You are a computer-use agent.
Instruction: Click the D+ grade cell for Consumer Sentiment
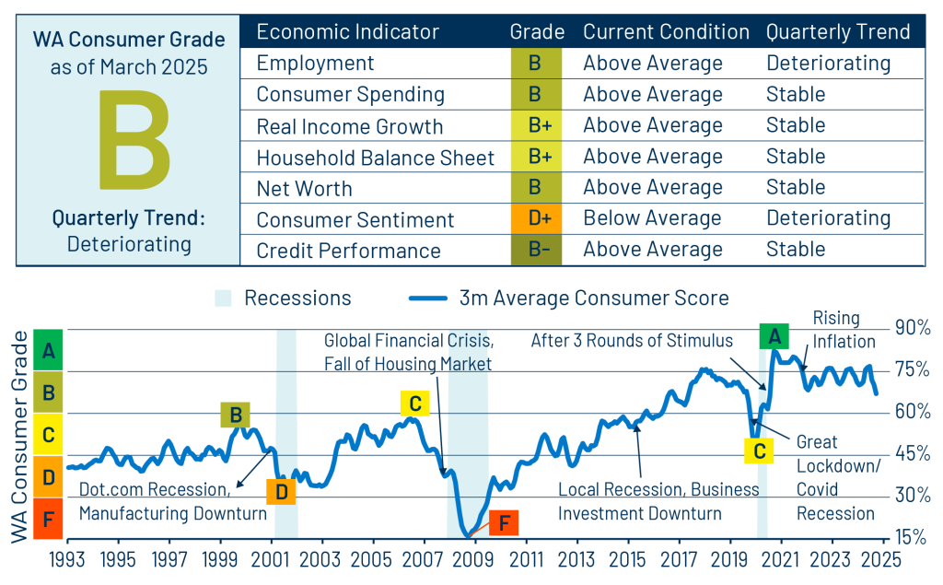click(x=536, y=219)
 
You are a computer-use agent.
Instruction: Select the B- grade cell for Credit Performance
click(x=536, y=251)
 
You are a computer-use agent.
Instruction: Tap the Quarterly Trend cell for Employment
click(x=828, y=64)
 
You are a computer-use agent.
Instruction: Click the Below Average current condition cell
click(x=652, y=219)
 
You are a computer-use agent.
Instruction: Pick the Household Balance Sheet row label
click(x=375, y=158)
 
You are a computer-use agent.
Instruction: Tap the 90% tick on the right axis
click(x=911, y=329)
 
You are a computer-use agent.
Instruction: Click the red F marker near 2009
click(x=503, y=522)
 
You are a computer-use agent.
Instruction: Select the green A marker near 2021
click(x=774, y=336)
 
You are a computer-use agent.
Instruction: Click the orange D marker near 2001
click(x=281, y=491)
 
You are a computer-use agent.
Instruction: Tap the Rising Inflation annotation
click(x=835, y=329)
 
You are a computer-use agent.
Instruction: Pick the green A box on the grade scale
click(x=47, y=350)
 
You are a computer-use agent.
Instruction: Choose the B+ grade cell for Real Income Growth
click(x=536, y=126)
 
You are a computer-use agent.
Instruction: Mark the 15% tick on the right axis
click(x=911, y=536)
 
